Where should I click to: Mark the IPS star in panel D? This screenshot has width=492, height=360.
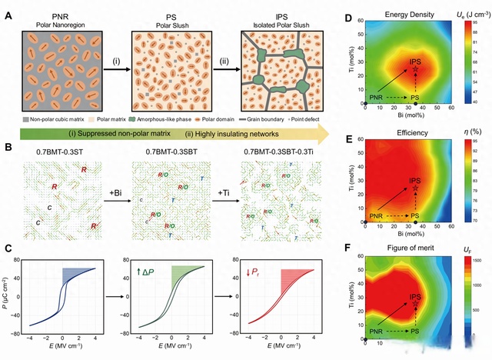point(415,68)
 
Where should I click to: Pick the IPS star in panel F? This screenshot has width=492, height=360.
point(415,304)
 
